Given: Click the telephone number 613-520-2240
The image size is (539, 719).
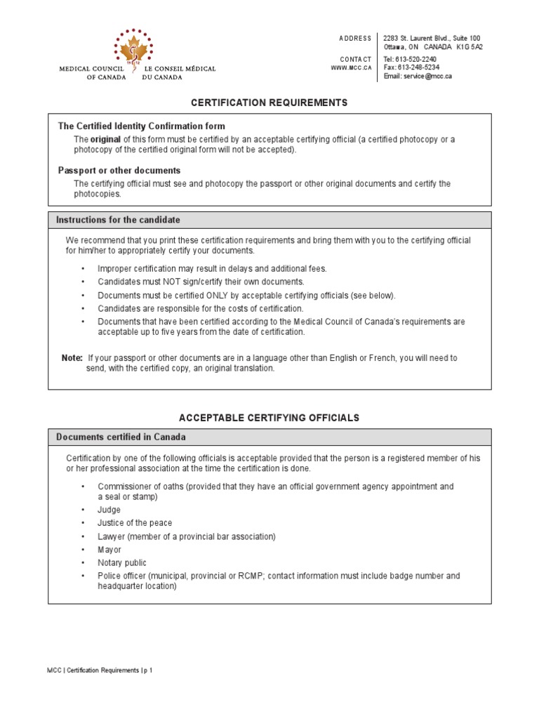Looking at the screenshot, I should [x=420, y=58].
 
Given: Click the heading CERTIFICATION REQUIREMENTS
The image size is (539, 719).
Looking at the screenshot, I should [x=269, y=103].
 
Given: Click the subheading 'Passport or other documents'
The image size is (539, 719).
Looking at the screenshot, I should [x=119, y=171].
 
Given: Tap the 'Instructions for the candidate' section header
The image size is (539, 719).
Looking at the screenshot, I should [x=118, y=220].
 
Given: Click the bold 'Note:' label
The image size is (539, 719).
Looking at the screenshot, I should [x=72, y=358].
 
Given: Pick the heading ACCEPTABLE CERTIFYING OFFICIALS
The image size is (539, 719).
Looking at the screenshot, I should [x=269, y=418].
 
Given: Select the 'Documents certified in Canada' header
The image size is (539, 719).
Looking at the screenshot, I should [x=121, y=437].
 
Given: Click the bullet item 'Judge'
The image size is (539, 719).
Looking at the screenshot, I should [x=109, y=510].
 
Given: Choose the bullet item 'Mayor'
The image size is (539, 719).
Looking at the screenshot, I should [x=109, y=550].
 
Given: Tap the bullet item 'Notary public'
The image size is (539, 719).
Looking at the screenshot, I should [x=122, y=563].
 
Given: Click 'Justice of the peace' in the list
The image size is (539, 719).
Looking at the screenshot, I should [x=135, y=523].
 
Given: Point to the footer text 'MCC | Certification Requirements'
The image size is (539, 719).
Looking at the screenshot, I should [x=88, y=671].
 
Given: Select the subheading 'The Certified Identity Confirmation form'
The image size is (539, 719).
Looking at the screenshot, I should [x=141, y=126].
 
